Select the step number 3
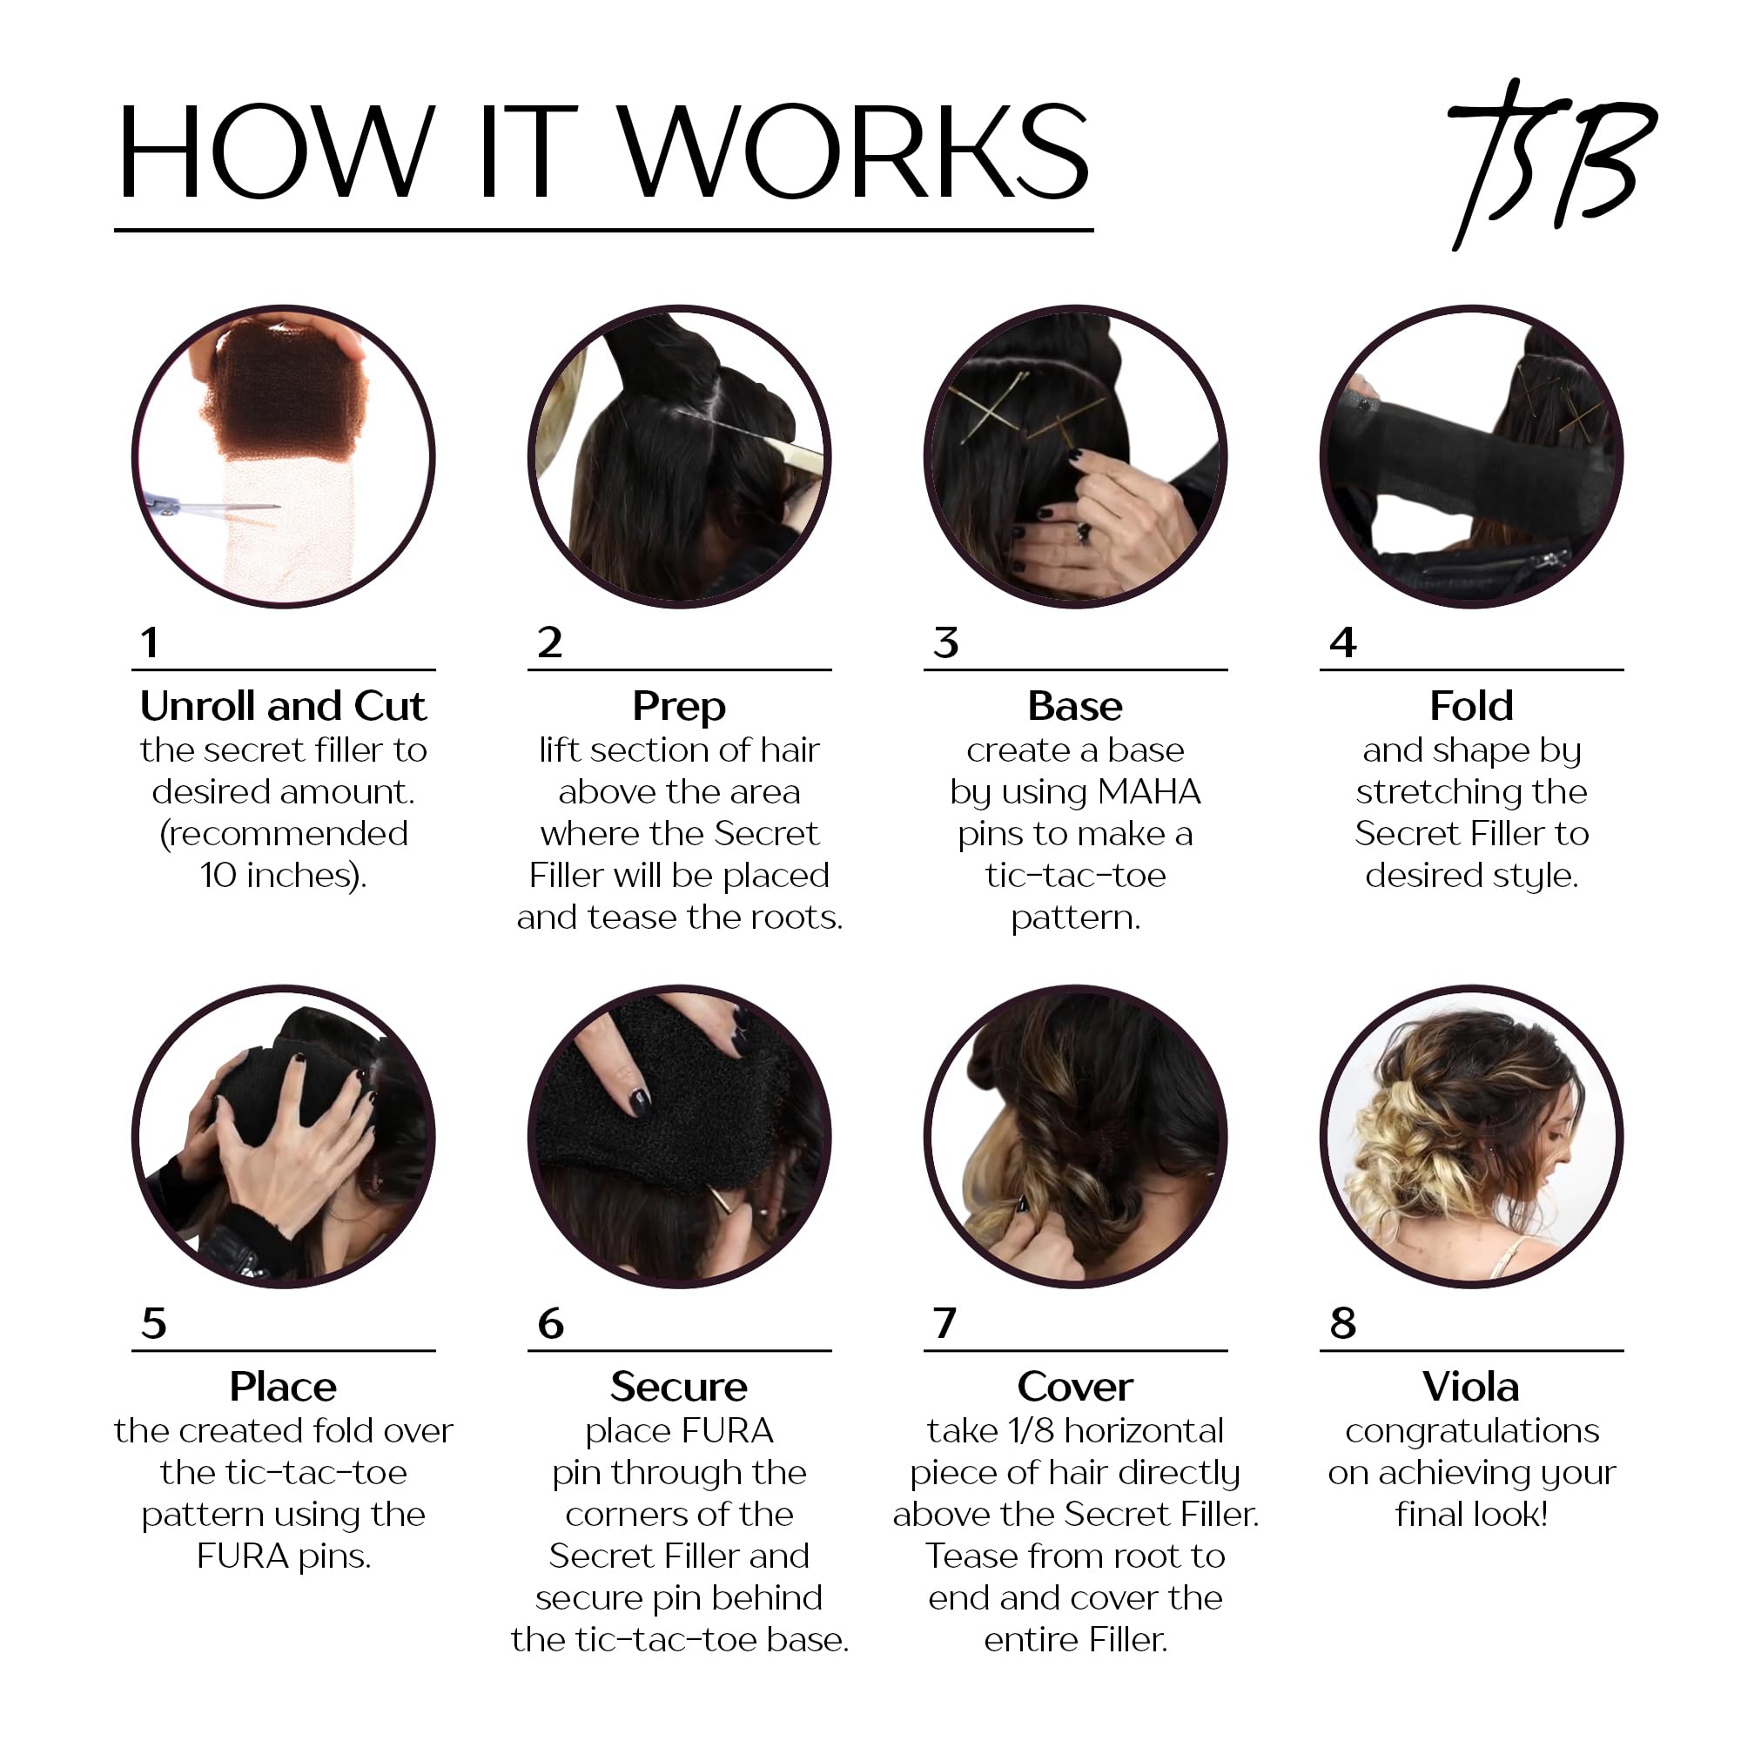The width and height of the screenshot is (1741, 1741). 945,643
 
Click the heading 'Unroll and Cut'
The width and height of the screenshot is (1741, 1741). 283,707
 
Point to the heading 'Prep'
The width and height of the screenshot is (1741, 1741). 679,707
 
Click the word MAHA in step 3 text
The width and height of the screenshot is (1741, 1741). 1150,792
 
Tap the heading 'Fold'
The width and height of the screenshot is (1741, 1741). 1470,707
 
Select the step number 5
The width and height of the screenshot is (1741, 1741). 154,1324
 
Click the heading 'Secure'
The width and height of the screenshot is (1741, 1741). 679,1387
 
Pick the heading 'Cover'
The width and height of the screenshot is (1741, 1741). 1075,1387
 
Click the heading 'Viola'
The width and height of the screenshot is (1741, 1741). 1470,1387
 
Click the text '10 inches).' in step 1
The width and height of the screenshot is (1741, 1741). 283,876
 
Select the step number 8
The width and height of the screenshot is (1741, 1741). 1342,1324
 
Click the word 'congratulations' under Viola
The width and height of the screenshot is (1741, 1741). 1471,1431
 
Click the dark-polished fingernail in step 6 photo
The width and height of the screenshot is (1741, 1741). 640,1100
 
